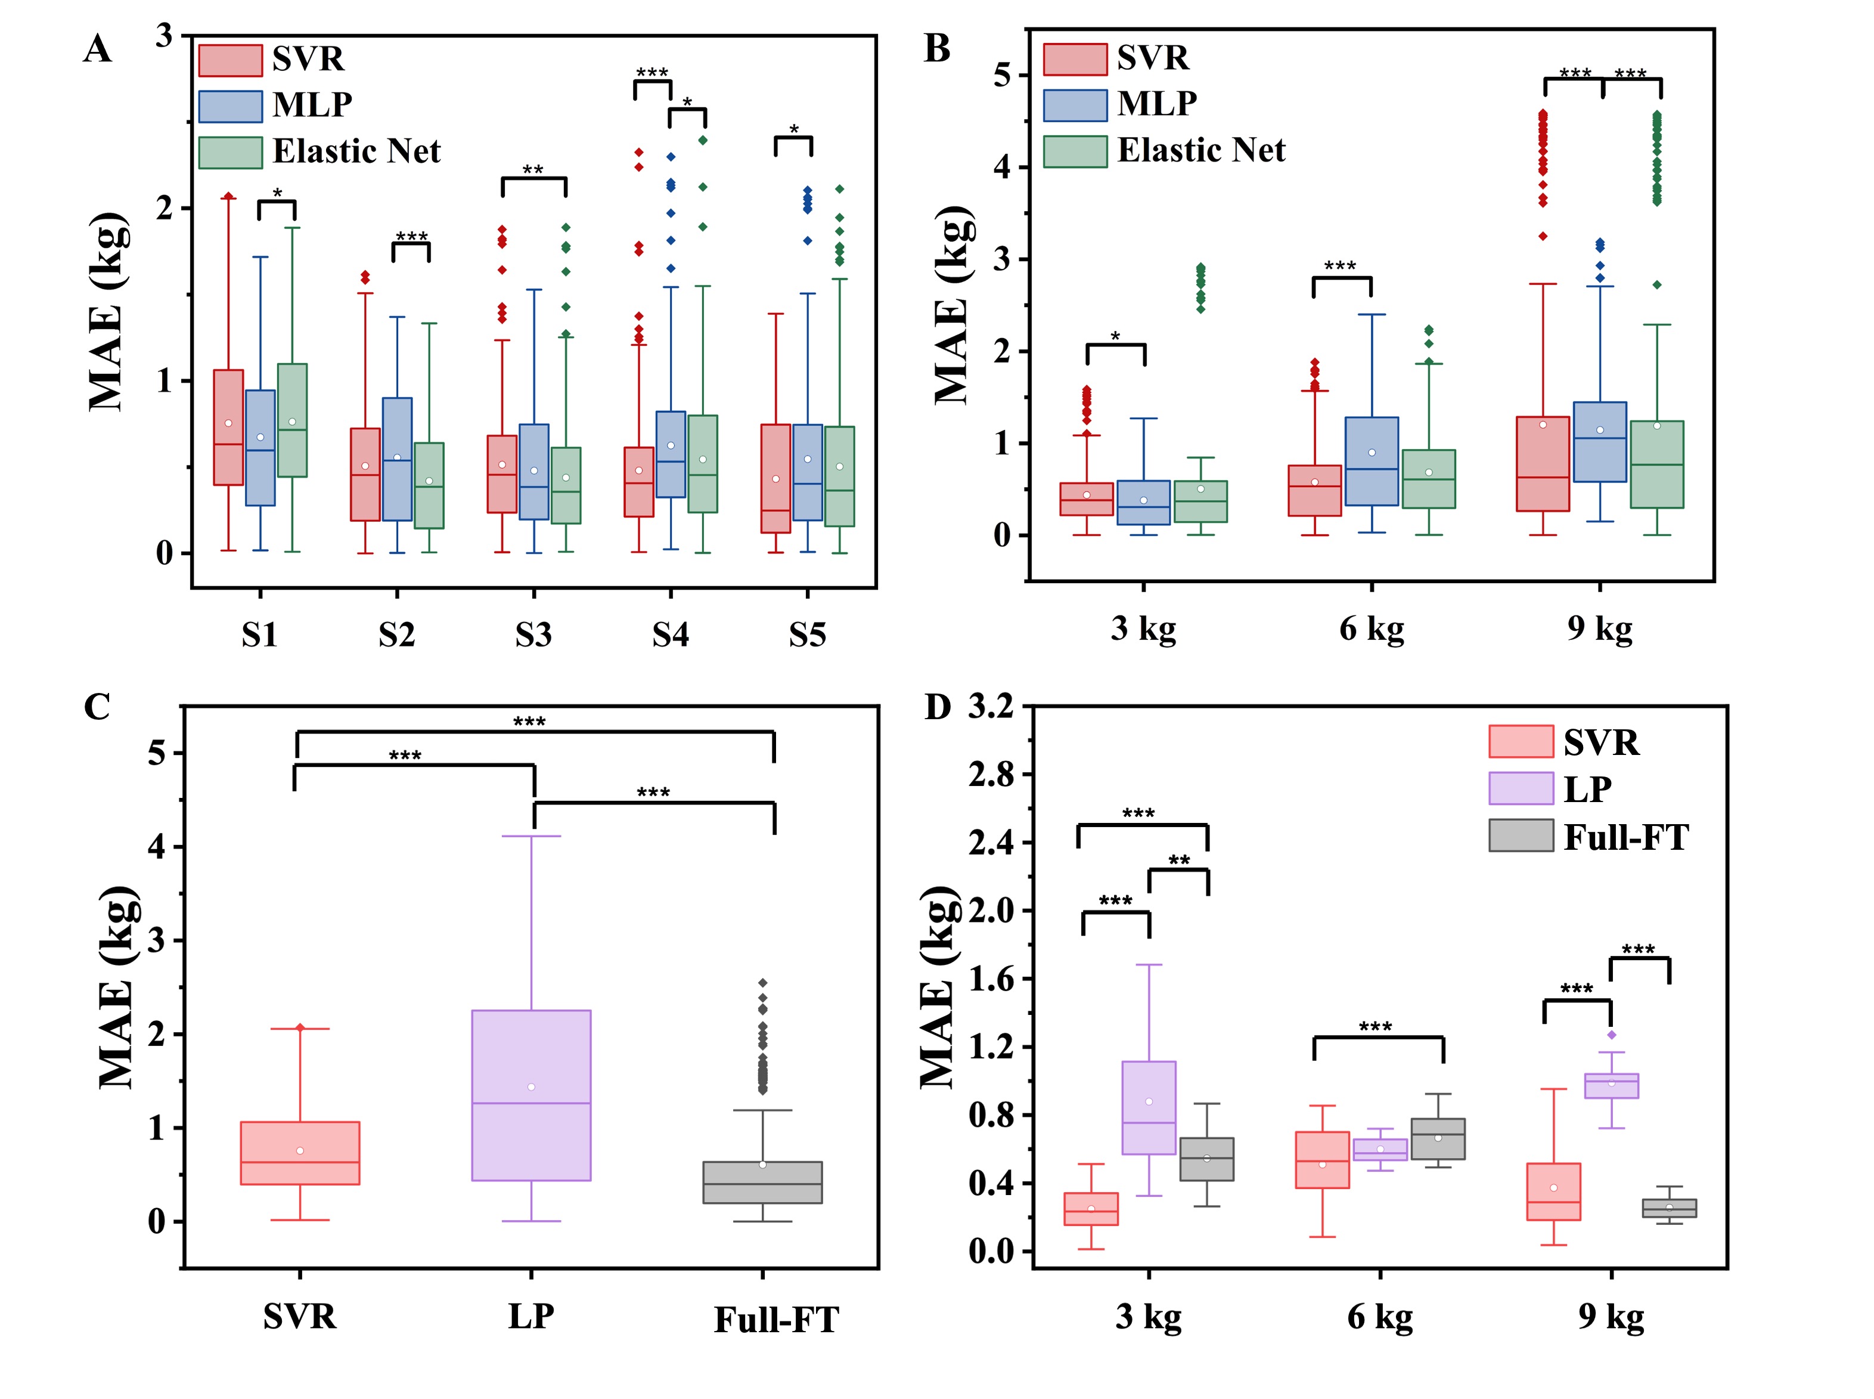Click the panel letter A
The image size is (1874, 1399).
[x=97, y=49]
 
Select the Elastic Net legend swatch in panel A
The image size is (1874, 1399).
[x=230, y=153]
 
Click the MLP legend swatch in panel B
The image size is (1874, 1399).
[x=1074, y=105]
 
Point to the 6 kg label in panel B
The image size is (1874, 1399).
[x=1370, y=629]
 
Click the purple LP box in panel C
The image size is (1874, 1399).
[x=530, y=1094]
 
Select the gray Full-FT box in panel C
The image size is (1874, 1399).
[x=762, y=1182]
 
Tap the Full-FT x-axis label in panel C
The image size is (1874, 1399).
[x=775, y=1320]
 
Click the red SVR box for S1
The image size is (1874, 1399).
[x=228, y=427]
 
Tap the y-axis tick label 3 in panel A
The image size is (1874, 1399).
[x=163, y=36]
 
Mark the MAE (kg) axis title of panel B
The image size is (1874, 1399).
[x=952, y=305]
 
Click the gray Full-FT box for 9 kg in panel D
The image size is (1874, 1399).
[x=1668, y=1208]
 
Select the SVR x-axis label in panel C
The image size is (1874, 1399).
[x=300, y=1317]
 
